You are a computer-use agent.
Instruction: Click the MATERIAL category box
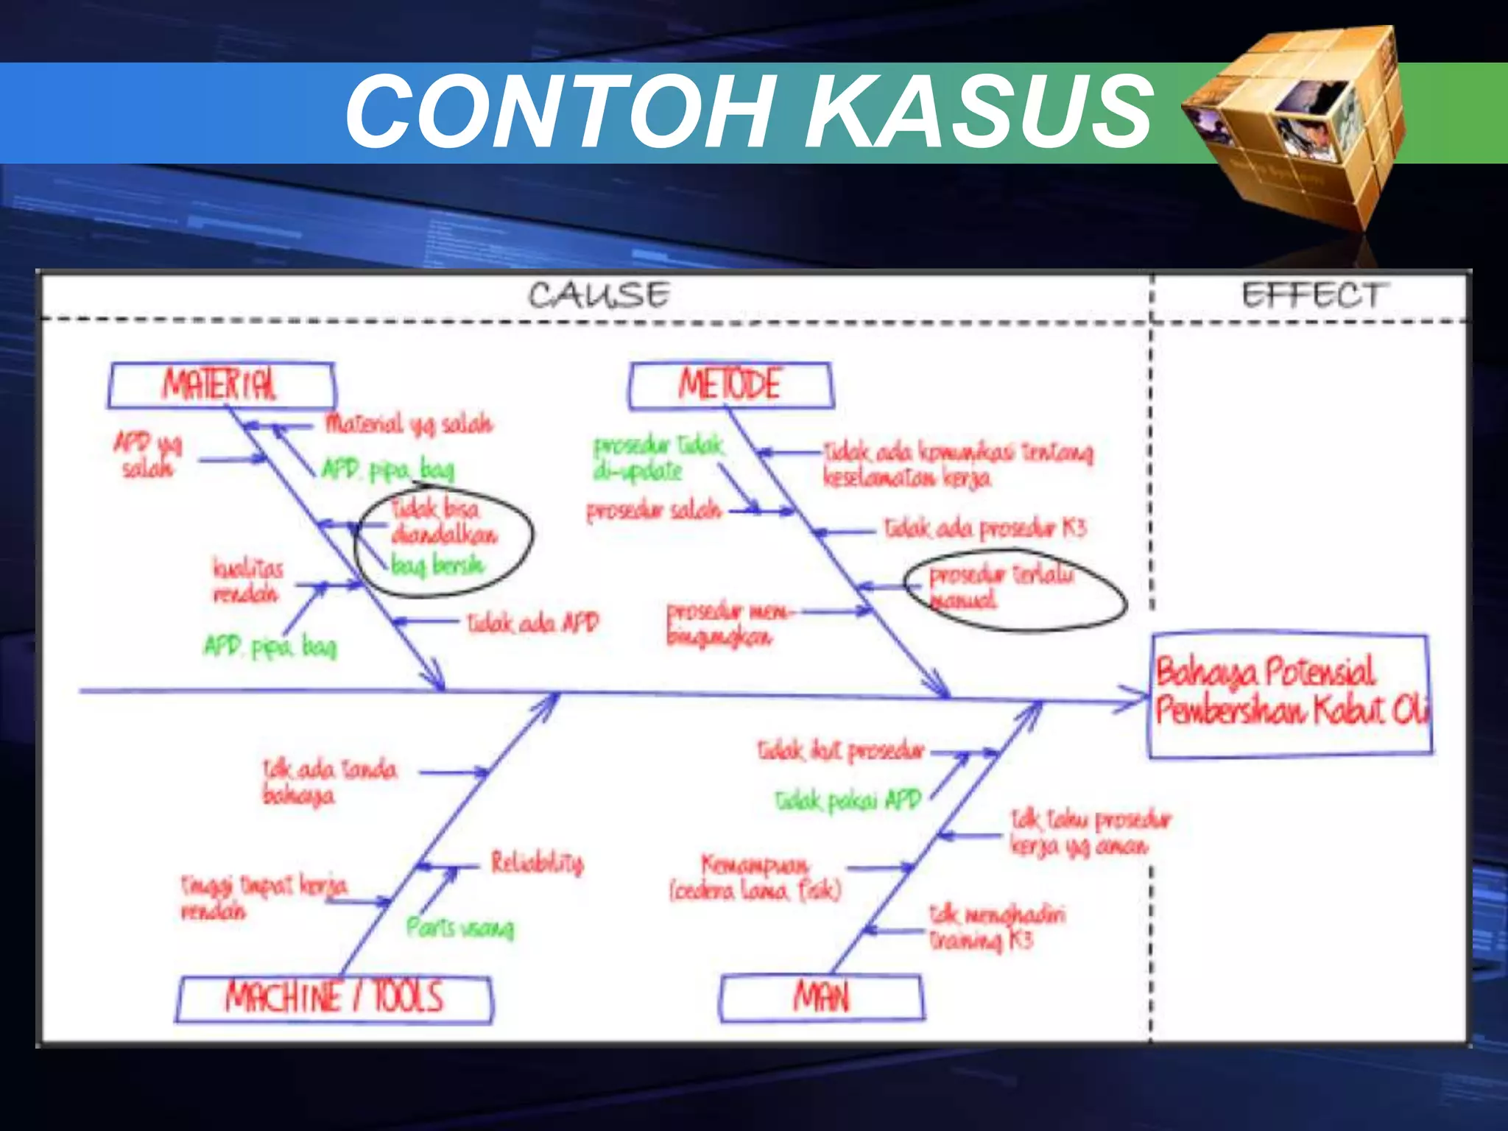click(221, 385)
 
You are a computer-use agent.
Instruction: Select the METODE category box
click(730, 385)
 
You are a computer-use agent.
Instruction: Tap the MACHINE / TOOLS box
click(334, 998)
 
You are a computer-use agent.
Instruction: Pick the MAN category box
click(821, 998)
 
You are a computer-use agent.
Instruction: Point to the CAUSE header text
click(599, 295)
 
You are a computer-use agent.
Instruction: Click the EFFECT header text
click(1311, 295)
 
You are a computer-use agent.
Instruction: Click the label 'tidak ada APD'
click(533, 624)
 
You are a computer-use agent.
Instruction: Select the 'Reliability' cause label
click(538, 862)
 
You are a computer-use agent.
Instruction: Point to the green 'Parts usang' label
click(460, 928)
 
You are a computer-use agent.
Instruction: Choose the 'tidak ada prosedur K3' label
click(985, 528)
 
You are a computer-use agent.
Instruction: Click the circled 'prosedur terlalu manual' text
click(1000, 586)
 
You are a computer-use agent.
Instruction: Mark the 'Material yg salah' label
click(409, 423)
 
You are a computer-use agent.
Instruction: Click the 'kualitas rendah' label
click(247, 580)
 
